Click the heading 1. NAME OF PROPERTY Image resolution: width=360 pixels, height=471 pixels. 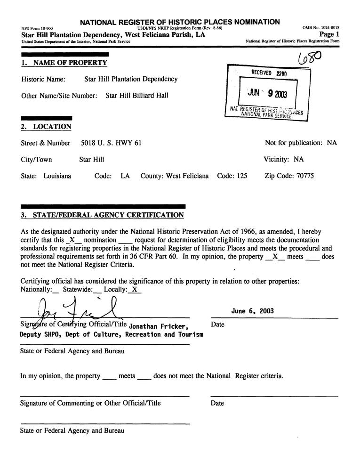click(x=64, y=63)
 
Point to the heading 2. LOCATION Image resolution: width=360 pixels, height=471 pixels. click(x=46, y=127)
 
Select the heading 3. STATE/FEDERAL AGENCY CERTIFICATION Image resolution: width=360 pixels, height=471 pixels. click(x=102, y=215)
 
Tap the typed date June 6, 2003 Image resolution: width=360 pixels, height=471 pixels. click(x=253, y=311)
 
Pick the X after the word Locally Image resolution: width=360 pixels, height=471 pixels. click(x=135, y=290)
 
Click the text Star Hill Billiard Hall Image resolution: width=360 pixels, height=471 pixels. click(x=136, y=96)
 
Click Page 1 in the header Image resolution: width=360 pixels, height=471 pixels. click(x=329, y=34)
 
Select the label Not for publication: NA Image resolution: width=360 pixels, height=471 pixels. click(x=301, y=143)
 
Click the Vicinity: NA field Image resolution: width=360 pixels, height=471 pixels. click(x=284, y=159)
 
